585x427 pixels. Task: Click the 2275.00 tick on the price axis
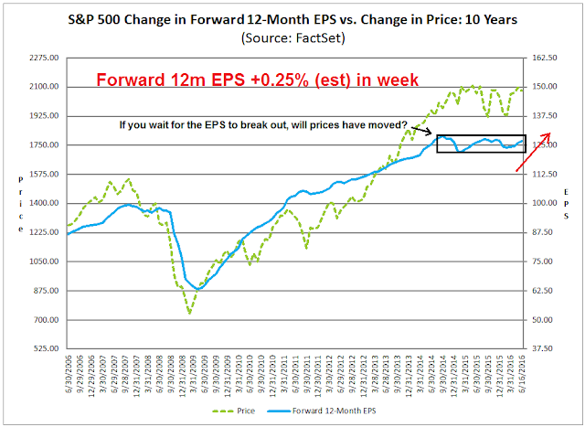[43, 58]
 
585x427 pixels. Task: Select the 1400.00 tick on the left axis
[43, 203]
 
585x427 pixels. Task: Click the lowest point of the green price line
[189, 314]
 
